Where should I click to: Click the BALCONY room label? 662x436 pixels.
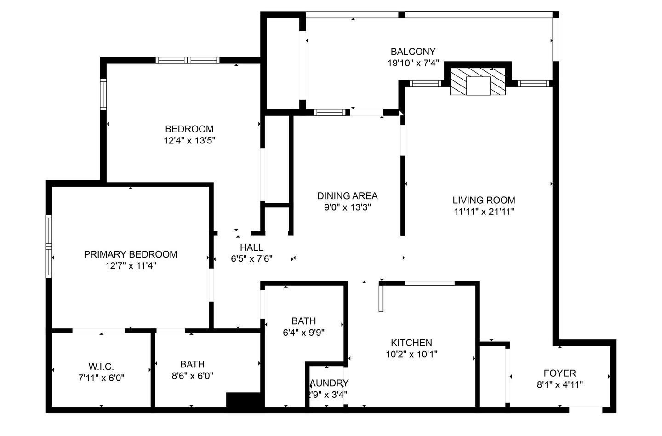pyautogui.click(x=412, y=52)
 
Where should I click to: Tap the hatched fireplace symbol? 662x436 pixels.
pyautogui.click(x=478, y=82)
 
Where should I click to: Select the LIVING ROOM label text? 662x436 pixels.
pyautogui.click(x=484, y=200)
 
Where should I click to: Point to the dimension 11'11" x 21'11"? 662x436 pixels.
pyautogui.click(x=484, y=212)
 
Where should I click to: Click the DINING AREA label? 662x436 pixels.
pyautogui.click(x=347, y=196)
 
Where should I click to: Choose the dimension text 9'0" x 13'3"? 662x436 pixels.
pyautogui.click(x=347, y=207)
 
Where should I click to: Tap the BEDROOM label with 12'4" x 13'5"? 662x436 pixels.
pyautogui.click(x=189, y=129)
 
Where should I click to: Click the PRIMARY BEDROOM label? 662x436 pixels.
pyautogui.click(x=131, y=254)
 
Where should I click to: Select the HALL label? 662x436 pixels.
pyautogui.click(x=251, y=247)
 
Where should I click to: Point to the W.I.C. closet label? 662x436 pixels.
pyautogui.click(x=101, y=367)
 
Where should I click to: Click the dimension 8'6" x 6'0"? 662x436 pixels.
pyautogui.click(x=192, y=376)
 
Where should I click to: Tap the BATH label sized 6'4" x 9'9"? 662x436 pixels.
pyautogui.click(x=303, y=321)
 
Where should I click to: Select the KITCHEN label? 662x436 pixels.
pyautogui.click(x=411, y=343)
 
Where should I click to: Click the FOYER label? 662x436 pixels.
pyautogui.click(x=559, y=373)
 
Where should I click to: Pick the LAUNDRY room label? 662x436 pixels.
pyautogui.click(x=328, y=384)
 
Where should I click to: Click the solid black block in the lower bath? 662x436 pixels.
pyautogui.click(x=245, y=400)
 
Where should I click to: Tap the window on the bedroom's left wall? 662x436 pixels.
pyautogui.click(x=103, y=94)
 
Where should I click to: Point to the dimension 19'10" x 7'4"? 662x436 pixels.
pyautogui.click(x=413, y=63)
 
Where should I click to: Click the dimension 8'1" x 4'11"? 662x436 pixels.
pyautogui.click(x=559, y=384)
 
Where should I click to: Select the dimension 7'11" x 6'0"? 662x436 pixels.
pyautogui.click(x=101, y=378)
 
